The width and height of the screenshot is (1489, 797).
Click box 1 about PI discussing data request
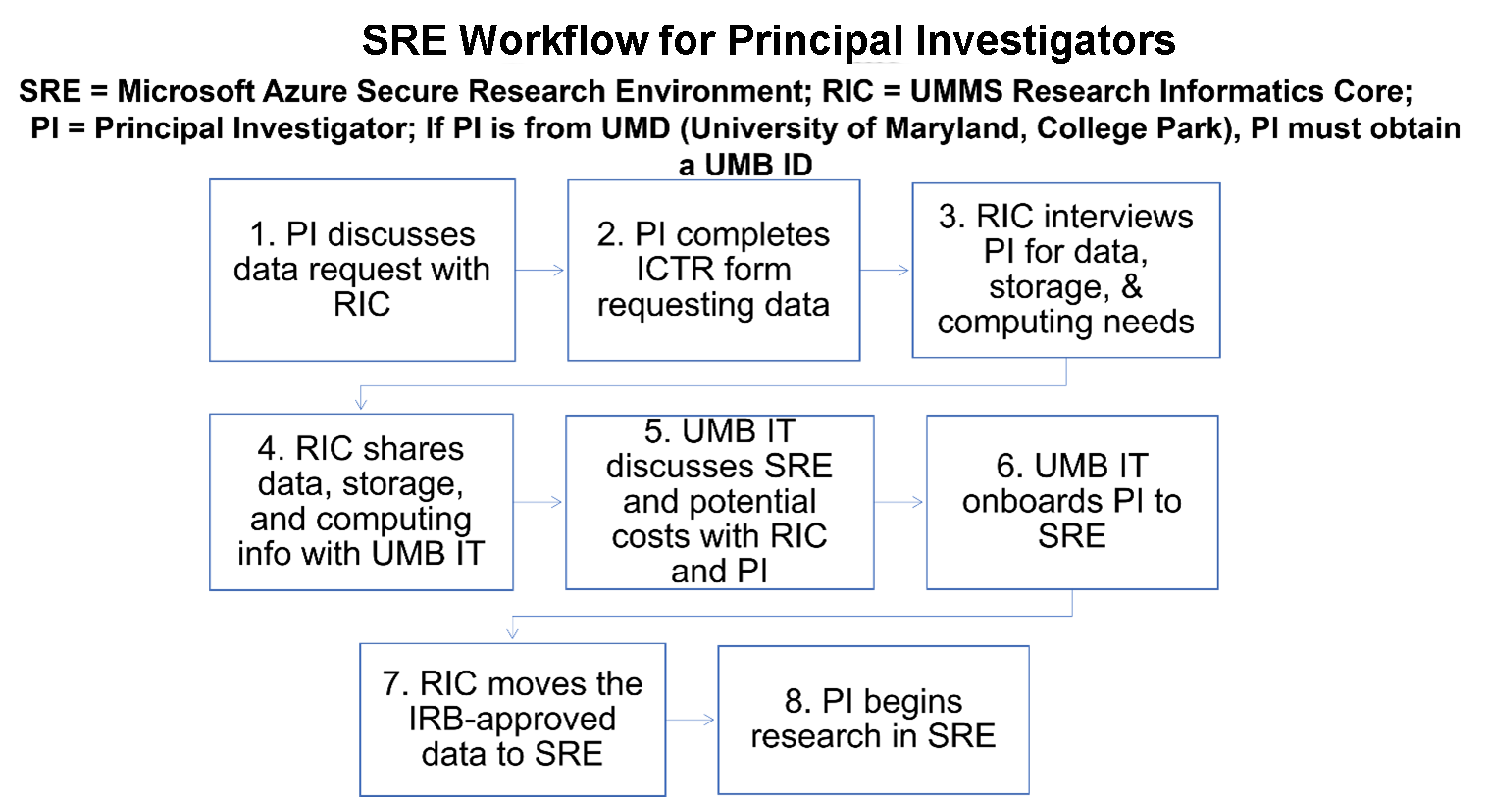coord(362,270)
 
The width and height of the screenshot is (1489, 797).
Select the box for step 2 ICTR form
coord(713,270)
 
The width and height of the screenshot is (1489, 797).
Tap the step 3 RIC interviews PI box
coord(1065,270)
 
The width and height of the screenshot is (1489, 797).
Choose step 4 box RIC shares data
coord(361,501)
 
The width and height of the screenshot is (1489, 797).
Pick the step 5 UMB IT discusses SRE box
coord(719,501)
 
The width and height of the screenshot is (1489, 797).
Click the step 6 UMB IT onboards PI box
coord(1071,501)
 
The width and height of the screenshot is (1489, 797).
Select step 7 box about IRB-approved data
coord(512,719)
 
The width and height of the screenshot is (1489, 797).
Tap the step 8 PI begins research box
coord(873,719)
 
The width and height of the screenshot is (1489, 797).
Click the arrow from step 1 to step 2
coord(540,270)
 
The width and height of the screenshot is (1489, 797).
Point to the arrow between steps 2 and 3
coord(886,270)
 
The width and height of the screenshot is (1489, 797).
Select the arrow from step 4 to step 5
coord(539,502)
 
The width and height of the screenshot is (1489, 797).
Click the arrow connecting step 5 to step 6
coord(899,502)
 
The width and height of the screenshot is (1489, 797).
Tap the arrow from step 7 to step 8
coord(692,720)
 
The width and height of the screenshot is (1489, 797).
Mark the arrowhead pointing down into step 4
coord(361,402)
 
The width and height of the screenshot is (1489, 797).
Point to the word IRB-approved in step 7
coord(512,719)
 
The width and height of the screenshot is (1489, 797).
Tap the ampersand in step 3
coord(1132,286)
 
